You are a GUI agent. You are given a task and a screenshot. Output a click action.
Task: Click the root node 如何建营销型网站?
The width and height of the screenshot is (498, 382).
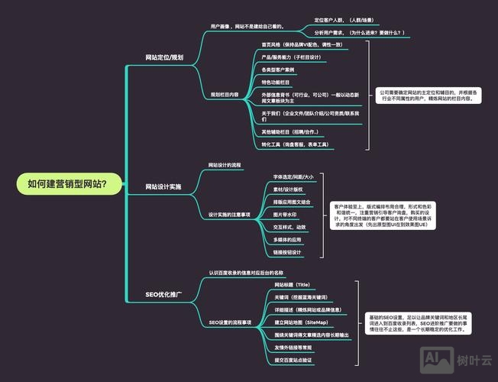coord(66,183)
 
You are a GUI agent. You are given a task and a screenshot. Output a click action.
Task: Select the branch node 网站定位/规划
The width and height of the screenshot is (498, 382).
coord(164,57)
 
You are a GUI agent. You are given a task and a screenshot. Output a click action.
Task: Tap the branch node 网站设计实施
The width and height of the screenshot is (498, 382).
coord(163,186)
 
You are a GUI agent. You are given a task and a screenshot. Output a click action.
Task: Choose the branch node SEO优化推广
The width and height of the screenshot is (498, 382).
coord(163,294)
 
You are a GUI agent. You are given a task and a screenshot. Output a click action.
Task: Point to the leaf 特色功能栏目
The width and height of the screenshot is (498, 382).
coord(276,82)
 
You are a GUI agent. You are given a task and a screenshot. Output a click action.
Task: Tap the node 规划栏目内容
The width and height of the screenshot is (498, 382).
coord(225,95)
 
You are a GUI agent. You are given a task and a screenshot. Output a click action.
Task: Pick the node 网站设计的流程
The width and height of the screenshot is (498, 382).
coord(225,165)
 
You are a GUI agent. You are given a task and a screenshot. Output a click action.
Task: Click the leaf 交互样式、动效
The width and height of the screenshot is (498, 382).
coord(289,227)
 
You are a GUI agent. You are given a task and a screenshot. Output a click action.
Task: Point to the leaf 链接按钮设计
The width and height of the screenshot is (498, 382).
coord(287,252)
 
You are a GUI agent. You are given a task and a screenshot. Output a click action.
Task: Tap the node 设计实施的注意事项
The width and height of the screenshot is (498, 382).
coord(230,215)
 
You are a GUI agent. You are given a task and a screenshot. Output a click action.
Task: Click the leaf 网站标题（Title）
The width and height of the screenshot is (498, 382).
coord(293,284)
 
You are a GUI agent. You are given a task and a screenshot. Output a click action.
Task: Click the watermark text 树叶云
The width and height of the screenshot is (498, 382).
coord(471,359)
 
